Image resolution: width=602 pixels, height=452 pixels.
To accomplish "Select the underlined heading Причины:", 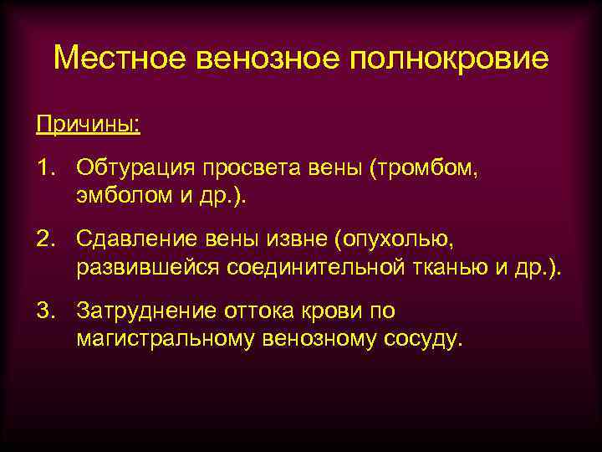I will pos(88,125).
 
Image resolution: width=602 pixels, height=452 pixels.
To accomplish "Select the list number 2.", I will pos(43,240).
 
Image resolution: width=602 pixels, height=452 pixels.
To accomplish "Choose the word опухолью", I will pos(392,240).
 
